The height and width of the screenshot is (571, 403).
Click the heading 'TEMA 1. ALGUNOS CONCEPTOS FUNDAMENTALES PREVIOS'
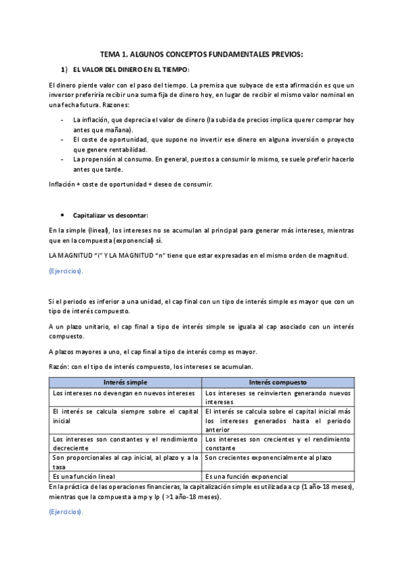[x=201, y=54]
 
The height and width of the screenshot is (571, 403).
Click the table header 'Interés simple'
[x=125, y=382]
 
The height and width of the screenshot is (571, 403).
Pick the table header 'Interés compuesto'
[x=277, y=382]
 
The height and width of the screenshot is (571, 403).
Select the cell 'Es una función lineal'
[x=83, y=477]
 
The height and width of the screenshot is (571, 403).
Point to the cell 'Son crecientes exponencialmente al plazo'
[x=268, y=458]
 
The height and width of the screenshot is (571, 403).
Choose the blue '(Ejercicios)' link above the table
[x=66, y=271]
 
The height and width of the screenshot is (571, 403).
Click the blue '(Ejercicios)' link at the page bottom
[x=66, y=512]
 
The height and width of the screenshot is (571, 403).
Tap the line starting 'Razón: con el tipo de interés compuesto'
[x=151, y=367]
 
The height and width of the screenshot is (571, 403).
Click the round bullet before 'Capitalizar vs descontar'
[x=63, y=215]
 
